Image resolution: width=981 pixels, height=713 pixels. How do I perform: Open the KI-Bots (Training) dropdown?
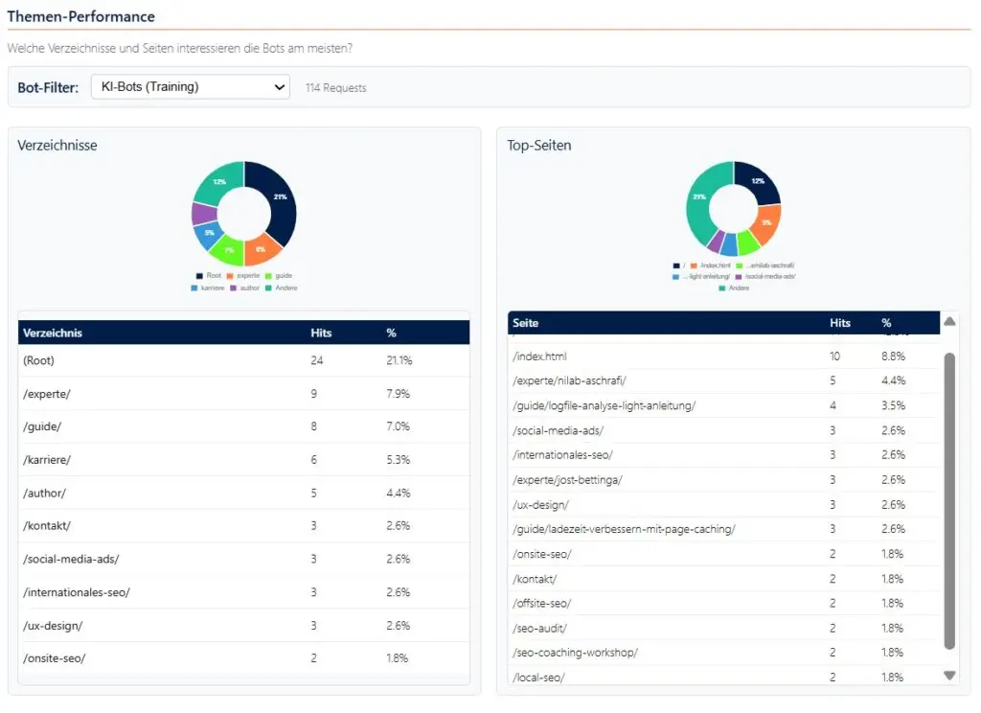(191, 87)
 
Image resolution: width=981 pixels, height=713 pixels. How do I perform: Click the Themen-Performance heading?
(80, 16)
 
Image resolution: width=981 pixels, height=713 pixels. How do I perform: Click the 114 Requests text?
(335, 88)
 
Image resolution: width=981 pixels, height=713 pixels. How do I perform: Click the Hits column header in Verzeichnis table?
(322, 333)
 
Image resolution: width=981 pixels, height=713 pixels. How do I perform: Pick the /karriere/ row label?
(47, 460)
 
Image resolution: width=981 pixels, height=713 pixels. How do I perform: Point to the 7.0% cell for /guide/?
(398, 426)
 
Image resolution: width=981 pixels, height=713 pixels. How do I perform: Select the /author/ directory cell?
(44, 493)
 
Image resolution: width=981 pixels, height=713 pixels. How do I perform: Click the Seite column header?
(526, 323)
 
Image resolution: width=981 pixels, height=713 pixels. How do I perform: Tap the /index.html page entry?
(540, 356)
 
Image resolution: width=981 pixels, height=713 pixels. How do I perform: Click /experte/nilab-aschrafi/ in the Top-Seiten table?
(569, 380)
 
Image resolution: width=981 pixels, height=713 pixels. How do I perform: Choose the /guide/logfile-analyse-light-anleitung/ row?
(604, 405)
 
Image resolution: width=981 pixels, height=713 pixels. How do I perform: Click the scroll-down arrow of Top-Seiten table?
(949, 675)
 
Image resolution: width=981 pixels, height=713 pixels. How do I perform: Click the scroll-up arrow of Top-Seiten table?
(949, 322)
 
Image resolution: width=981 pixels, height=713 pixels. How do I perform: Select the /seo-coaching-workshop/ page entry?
(575, 653)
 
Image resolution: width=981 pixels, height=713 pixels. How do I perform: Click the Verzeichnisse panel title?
(57, 146)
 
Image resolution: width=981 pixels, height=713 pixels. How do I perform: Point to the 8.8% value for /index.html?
(893, 356)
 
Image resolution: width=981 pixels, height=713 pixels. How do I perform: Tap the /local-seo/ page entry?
(539, 678)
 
